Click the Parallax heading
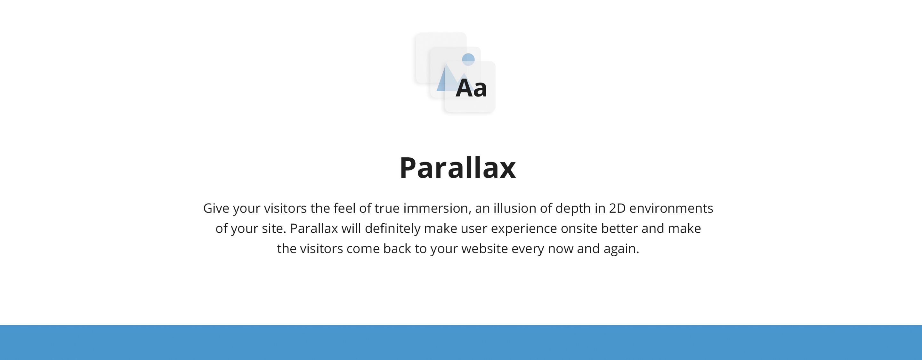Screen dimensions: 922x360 [x=457, y=168]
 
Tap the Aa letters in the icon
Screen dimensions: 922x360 [x=471, y=88]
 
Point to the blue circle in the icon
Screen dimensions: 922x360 [x=468, y=60]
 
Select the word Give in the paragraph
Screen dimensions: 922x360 [x=216, y=208]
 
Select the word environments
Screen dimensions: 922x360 [x=671, y=208]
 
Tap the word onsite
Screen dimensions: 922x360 [x=579, y=228]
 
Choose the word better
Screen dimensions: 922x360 [x=619, y=228]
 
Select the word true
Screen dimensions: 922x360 [x=387, y=208]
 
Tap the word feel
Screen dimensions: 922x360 [x=344, y=208]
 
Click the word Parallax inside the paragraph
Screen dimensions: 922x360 [x=313, y=228]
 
